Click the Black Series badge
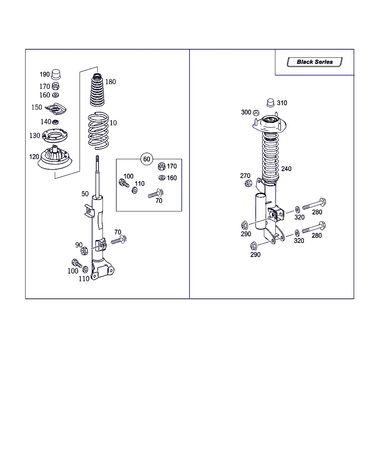point(315,62)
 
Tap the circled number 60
point(147,159)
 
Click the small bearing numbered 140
point(56,122)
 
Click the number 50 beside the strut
point(85,194)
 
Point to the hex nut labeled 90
point(84,251)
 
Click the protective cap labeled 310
point(271,103)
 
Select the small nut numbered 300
point(256,113)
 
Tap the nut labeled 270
point(248,183)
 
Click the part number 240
point(286,169)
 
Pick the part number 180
point(110,82)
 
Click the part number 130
point(35,136)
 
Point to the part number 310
point(282,103)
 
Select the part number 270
point(245,176)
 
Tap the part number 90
point(79,245)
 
